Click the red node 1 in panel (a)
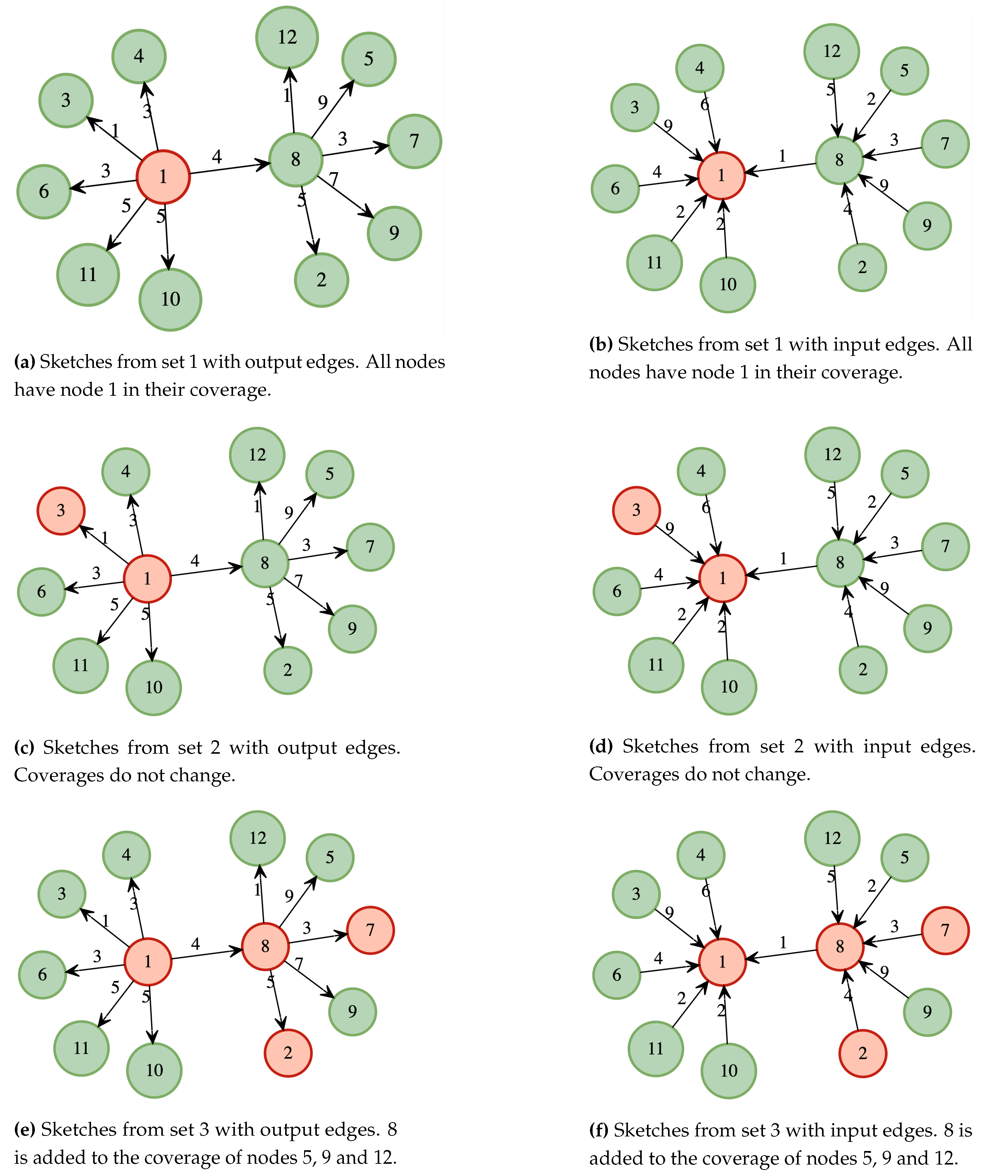pyautogui.click(x=163, y=177)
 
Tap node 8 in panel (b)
pyautogui.click(x=839, y=160)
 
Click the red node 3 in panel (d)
pyautogui.click(x=636, y=510)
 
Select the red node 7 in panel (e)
pyautogui.click(x=370, y=930)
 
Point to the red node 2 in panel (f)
pyautogui.click(x=862, y=1053)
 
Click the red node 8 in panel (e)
pyautogui.click(x=265, y=946)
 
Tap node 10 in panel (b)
pyautogui.click(x=727, y=285)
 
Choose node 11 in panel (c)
pyautogui.click(x=81, y=665)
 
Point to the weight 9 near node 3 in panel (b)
pyautogui.click(x=667, y=125)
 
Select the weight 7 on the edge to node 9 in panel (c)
pyautogui.click(x=298, y=581)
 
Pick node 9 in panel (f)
pyautogui.click(x=927, y=1012)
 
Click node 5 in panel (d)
pyautogui.click(x=904, y=474)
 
